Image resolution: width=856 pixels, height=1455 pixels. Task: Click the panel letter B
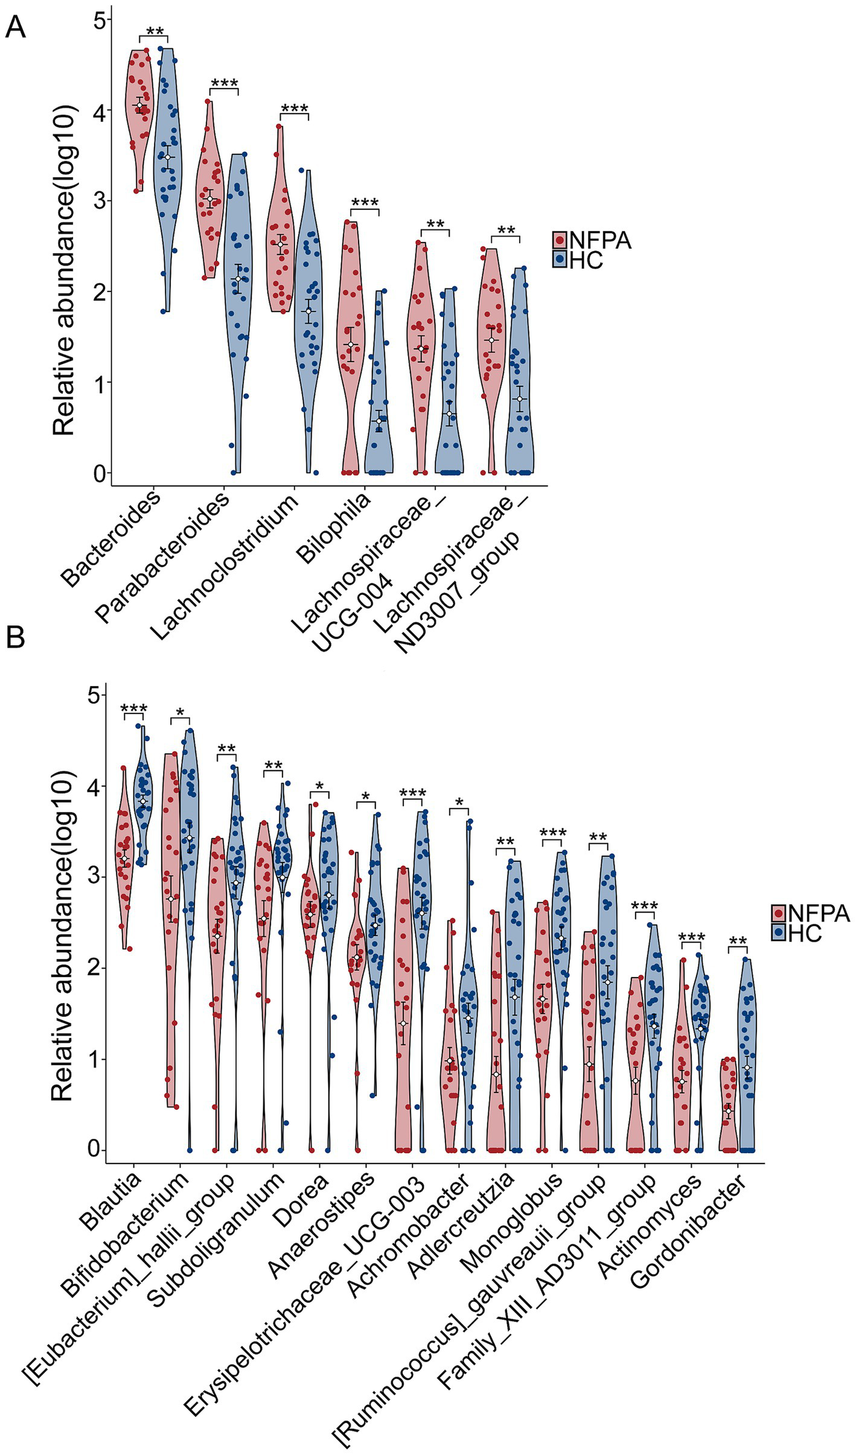[15, 637]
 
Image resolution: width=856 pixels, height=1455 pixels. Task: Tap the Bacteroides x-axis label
[113, 538]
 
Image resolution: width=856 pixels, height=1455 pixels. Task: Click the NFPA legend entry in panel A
[592, 240]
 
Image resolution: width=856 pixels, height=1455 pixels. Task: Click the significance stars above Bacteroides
[155, 31]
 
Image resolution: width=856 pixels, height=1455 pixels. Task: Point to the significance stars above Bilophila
[364, 203]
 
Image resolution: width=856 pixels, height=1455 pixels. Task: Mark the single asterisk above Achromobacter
[459, 802]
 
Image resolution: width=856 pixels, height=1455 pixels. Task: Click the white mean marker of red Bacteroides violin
[140, 106]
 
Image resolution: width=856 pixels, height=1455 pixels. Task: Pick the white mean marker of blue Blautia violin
[143, 801]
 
